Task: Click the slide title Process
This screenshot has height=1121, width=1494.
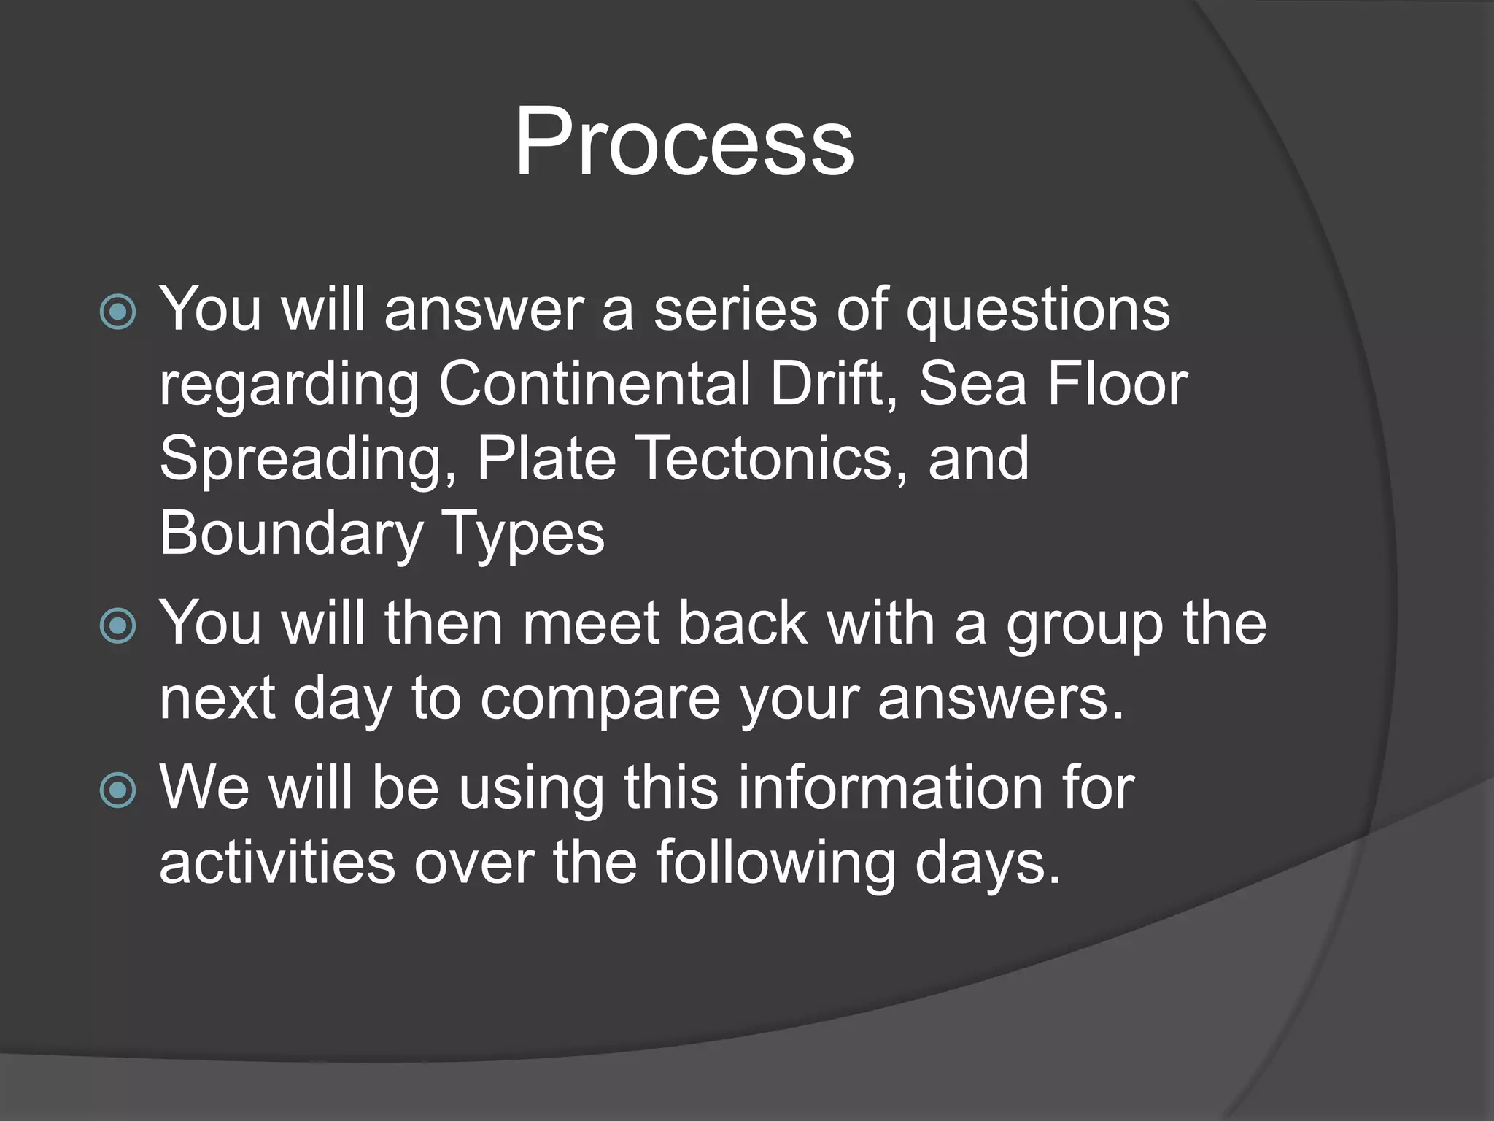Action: [684, 141]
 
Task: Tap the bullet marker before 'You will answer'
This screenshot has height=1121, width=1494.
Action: [117, 312]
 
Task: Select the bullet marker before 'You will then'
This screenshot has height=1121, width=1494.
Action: [117, 626]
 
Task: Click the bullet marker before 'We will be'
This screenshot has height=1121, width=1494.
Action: [117, 790]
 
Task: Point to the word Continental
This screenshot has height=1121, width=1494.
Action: [594, 384]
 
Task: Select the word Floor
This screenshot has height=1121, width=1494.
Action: [1117, 384]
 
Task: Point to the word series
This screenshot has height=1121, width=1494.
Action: [735, 309]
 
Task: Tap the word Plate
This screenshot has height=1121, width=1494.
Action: [546, 458]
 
